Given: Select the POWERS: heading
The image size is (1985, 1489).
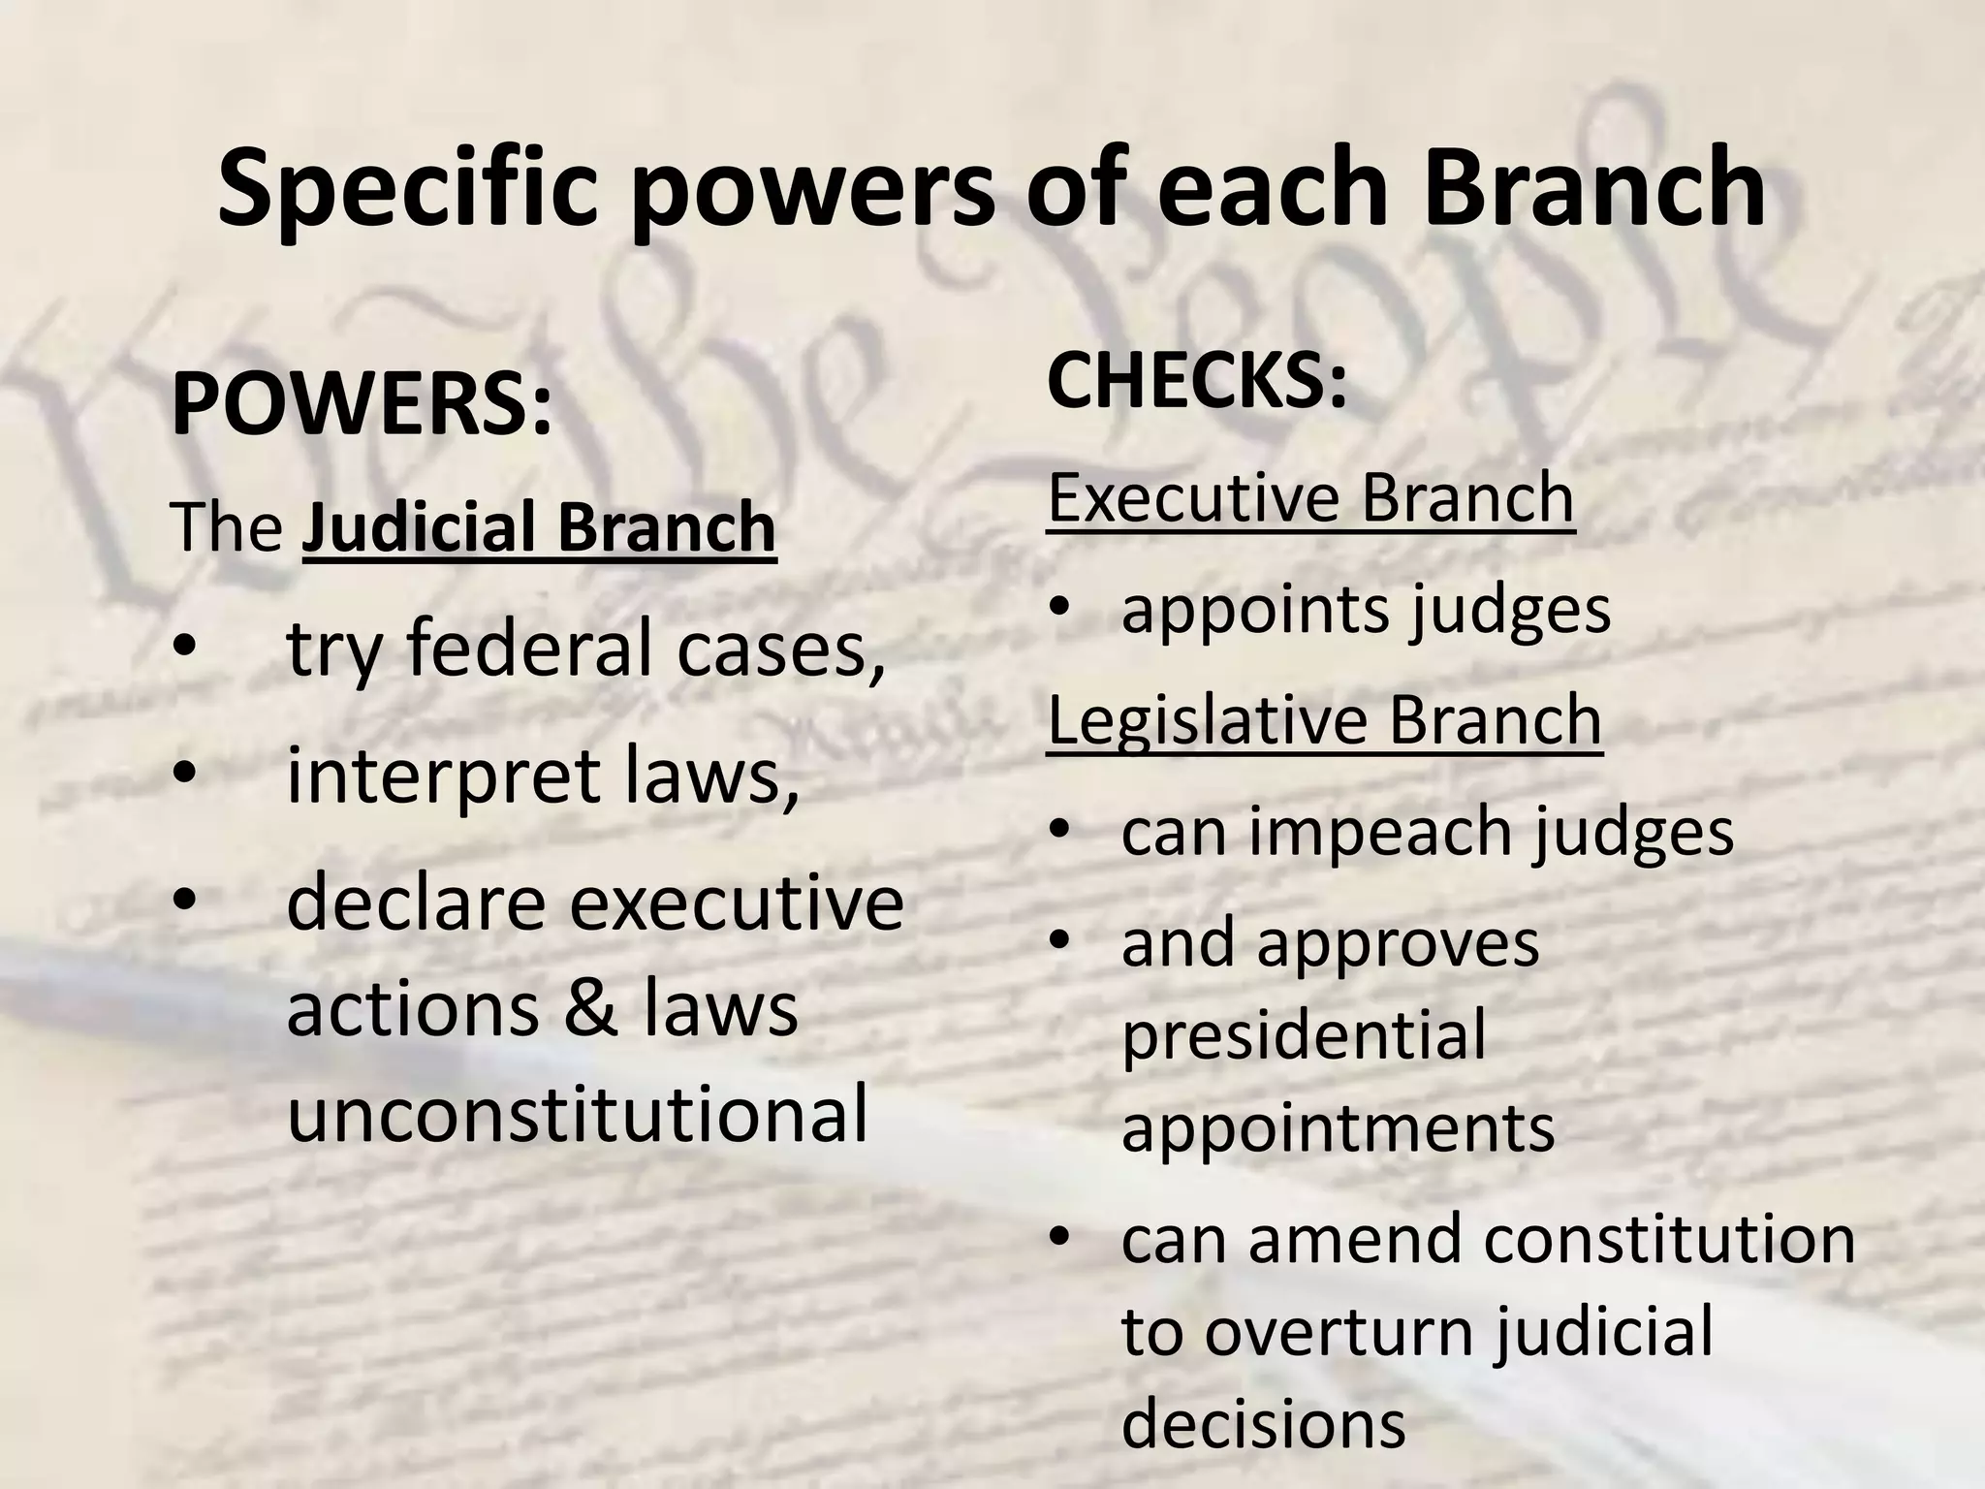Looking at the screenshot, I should click(362, 405).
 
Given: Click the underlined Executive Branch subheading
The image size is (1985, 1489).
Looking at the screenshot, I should click(1310, 498).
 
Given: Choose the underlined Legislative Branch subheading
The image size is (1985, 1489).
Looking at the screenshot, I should click(1324, 720).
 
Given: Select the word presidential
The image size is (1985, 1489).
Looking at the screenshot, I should click(1304, 1034).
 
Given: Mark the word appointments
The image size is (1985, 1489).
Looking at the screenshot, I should click(1338, 1127).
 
